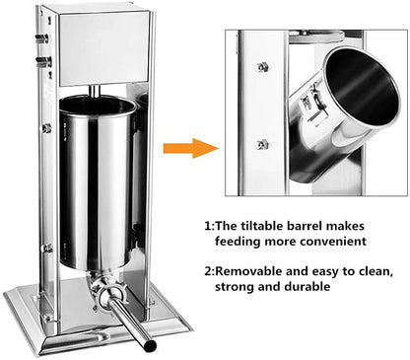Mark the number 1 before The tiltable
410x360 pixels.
208,225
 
